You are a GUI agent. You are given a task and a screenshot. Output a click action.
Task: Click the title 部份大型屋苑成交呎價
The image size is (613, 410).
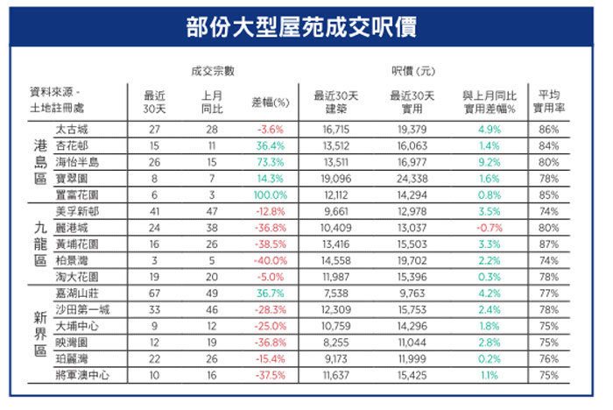pos(301,27)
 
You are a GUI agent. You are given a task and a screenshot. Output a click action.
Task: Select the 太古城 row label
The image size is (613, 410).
pos(72,130)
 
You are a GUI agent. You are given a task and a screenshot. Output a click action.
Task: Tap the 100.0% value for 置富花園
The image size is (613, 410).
pos(270,194)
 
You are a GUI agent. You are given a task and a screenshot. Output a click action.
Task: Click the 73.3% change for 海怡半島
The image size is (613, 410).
pos(270,162)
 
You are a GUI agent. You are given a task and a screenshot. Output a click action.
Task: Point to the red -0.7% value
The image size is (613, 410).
pos(490,228)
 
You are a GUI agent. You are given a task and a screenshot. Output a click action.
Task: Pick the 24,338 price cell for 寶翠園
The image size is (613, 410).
pos(412,179)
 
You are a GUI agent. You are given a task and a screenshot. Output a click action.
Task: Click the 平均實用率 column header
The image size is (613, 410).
pos(549,102)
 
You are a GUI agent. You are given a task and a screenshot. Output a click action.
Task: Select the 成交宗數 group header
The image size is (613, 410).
pos(213,71)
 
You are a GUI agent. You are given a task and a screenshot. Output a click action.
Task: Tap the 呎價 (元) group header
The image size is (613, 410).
pos(413,71)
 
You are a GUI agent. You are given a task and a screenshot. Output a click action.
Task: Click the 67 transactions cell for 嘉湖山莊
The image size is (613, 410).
pos(154,293)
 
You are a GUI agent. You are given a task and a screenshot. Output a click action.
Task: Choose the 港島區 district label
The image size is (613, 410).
pos(40,162)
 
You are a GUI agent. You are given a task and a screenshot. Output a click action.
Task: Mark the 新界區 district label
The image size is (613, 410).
pos(40,334)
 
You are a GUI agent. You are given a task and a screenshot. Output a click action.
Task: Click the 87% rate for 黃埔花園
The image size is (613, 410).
pos(549,244)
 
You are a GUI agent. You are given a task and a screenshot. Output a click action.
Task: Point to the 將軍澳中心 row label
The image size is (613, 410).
pos(82,375)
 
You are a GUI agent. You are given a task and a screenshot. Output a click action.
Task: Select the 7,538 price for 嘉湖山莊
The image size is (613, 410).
pos(336,293)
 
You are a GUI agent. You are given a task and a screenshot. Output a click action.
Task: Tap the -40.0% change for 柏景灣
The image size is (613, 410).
pos(270,260)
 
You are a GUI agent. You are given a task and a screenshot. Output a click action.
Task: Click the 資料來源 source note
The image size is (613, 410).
pos(57,100)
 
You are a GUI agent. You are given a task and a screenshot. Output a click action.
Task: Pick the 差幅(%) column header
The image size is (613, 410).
pos(270,102)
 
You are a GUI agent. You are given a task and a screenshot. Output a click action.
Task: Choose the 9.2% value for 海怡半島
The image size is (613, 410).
pos(490,162)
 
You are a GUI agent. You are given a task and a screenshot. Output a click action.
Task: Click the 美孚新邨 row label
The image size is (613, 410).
pos(77,212)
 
